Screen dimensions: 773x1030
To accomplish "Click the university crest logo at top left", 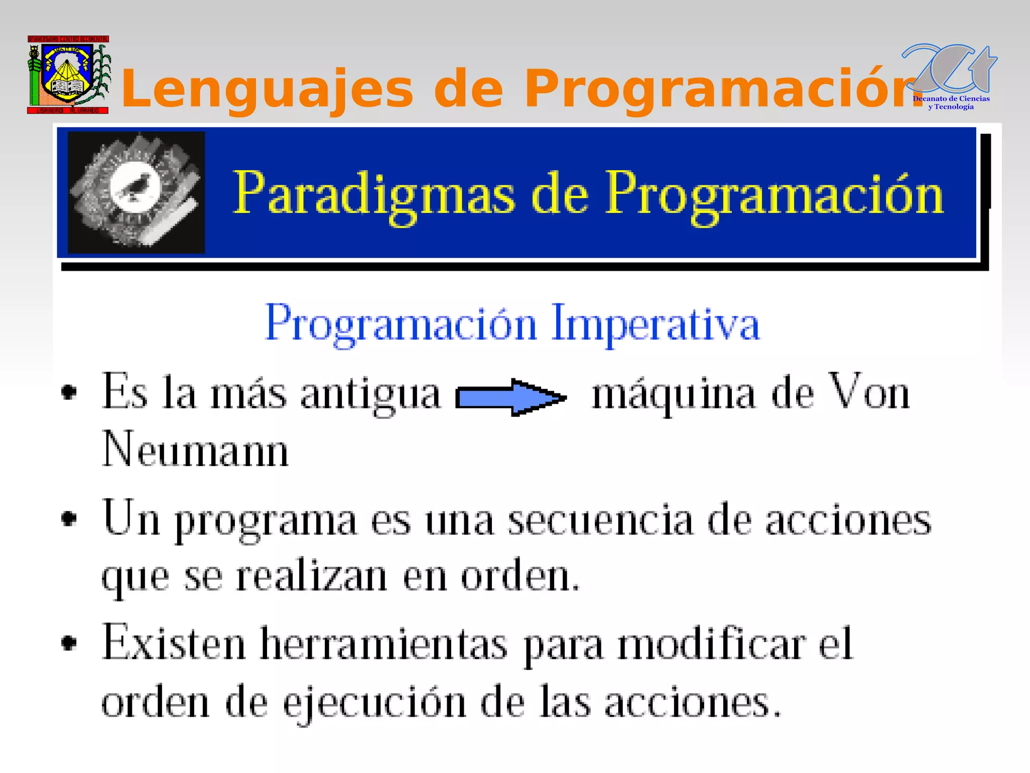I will click(x=68, y=74).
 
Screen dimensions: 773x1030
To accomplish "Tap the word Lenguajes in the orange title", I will click(x=267, y=89).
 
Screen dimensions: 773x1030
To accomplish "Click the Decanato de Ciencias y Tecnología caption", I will click(x=951, y=103).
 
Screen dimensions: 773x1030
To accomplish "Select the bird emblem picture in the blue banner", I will click(x=136, y=192).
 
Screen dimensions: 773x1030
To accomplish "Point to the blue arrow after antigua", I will click(x=510, y=398).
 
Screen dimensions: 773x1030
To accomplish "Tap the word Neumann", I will click(x=195, y=449).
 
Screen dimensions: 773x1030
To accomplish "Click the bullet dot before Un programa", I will click(x=69, y=519).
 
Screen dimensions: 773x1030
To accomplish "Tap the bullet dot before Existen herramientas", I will click(x=69, y=643).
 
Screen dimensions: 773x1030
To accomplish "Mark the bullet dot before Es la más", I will click(x=69, y=392).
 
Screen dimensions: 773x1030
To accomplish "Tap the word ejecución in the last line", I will click(x=375, y=704).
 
